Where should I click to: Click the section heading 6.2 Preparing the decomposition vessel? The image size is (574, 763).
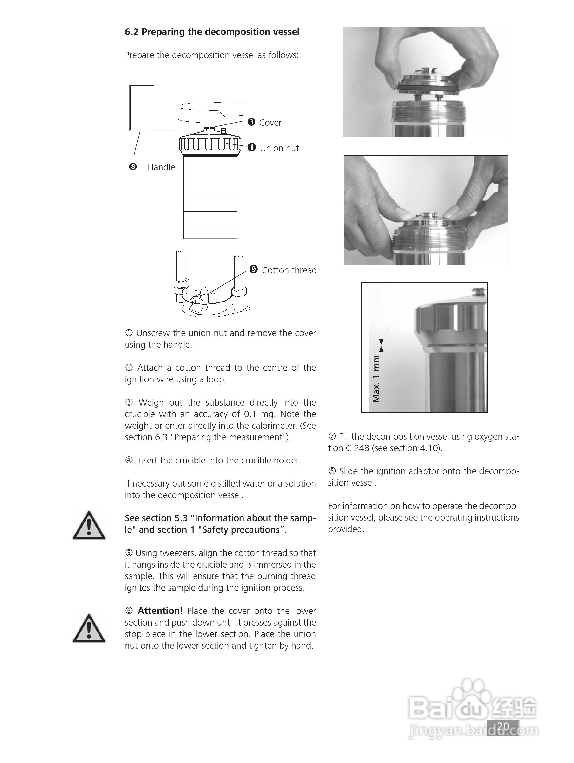[x=212, y=32]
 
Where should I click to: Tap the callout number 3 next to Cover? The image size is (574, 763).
[x=251, y=122]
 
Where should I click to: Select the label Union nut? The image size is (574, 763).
[x=279, y=148]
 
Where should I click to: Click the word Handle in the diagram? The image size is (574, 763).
[x=161, y=167]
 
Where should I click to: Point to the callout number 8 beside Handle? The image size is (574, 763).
[x=133, y=167]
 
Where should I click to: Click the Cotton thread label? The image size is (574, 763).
[x=289, y=270]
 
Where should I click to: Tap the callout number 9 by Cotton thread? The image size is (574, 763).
[x=253, y=269]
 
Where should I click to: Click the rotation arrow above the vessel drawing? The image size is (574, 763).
[x=210, y=112]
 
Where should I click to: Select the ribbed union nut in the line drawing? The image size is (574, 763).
[x=209, y=144]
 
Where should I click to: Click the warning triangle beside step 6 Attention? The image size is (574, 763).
[x=89, y=629]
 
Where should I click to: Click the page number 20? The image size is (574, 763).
[x=503, y=726]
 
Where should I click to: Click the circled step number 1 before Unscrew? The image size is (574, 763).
[x=128, y=333]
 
